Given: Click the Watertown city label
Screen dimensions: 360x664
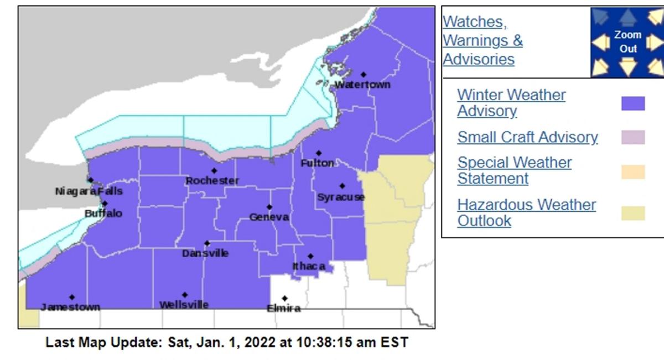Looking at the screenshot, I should [x=362, y=85].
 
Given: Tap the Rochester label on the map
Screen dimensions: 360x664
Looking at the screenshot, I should [x=212, y=181].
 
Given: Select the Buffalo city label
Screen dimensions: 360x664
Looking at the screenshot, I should [x=103, y=213].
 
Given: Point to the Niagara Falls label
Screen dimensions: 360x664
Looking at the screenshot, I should [x=89, y=191].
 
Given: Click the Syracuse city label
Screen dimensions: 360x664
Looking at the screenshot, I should [x=341, y=197].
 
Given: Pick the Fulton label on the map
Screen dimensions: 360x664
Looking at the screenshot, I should [x=318, y=163].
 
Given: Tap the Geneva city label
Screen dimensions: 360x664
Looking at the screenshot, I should [x=269, y=217].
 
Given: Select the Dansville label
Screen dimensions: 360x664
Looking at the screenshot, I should [x=205, y=253].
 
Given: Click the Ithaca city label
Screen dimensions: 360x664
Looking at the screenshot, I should [x=309, y=267].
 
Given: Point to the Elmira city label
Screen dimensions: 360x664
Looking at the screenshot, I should [x=284, y=309].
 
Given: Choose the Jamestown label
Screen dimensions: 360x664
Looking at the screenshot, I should [x=70, y=307].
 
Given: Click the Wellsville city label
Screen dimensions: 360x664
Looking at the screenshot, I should [x=184, y=305].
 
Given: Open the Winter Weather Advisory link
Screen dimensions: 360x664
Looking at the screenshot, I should [x=511, y=103].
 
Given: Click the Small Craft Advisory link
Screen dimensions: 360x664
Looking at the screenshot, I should [x=527, y=137].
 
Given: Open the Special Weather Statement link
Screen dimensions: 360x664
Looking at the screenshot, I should [x=514, y=170].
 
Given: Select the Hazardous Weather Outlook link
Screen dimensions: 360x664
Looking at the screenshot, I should [x=526, y=212].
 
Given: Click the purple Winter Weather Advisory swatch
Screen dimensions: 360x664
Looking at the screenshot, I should [x=633, y=103].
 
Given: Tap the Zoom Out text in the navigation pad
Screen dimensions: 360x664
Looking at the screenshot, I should [x=628, y=41].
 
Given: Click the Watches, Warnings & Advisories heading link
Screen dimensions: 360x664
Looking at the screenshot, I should [x=483, y=40].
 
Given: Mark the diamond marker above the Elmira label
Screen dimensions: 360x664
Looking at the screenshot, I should [x=284, y=298].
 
